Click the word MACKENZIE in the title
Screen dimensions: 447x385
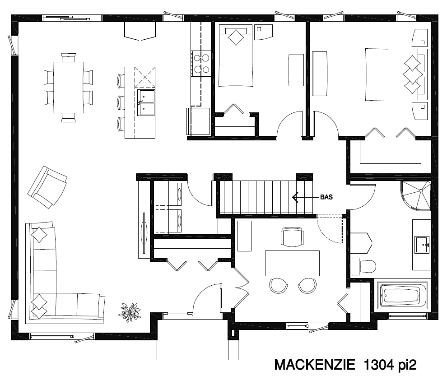click(314, 365)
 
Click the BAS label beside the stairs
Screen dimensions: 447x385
click(326, 197)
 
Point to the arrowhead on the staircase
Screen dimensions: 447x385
click(295, 197)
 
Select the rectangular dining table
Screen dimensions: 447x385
click(69, 88)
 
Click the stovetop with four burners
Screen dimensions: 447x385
click(201, 64)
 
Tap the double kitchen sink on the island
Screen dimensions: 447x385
click(146, 102)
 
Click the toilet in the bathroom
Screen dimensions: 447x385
click(364, 266)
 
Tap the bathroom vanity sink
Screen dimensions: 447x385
click(422, 245)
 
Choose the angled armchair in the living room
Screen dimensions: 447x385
click(47, 187)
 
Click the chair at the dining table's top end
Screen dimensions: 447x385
click(69, 57)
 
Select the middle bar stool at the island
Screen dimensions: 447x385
click(121, 102)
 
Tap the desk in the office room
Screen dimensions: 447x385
click(292, 263)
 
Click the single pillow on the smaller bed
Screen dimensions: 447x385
click(236, 37)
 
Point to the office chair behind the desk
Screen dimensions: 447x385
click(292, 237)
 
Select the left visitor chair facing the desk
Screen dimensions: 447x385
click(278, 286)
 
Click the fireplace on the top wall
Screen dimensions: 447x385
click(140, 31)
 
